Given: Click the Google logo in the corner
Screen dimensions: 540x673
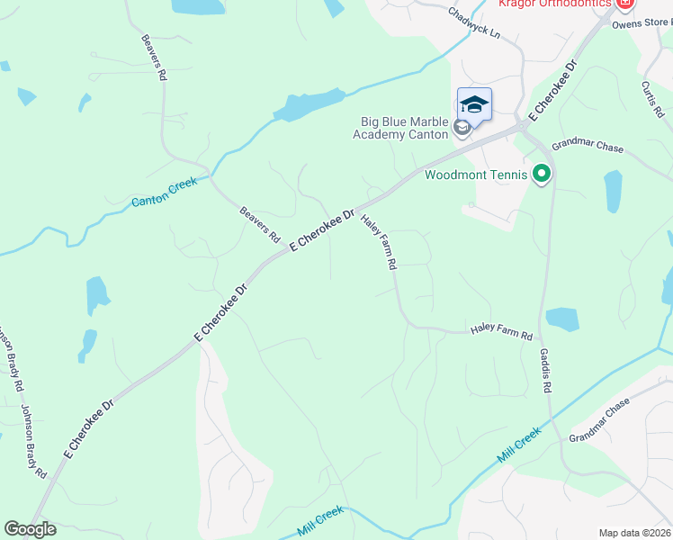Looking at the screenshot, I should (x=30, y=529).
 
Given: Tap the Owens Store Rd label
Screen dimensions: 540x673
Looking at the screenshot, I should (x=642, y=23).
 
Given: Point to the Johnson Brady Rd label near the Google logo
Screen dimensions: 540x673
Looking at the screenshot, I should (x=34, y=441).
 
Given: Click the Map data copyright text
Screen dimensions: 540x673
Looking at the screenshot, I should (x=634, y=533).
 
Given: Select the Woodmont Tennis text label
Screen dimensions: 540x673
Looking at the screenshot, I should (x=475, y=175).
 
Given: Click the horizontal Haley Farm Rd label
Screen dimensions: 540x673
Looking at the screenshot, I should (x=501, y=333).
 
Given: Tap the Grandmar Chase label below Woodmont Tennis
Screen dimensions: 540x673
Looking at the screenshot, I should (x=587, y=147).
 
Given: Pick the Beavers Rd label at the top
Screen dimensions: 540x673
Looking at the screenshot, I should (x=155, y=58).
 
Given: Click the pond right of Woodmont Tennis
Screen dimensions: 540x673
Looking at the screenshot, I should (x=613, y=191).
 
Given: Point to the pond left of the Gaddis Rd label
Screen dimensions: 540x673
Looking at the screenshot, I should (x=562, y=319).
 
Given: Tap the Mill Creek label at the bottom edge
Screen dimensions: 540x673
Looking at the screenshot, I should (x=321, y=522).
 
